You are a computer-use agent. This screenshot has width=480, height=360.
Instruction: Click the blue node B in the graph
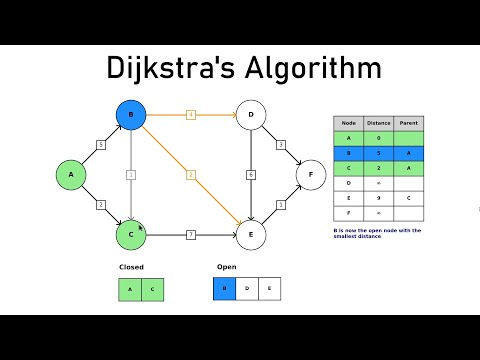[x=130, y=116]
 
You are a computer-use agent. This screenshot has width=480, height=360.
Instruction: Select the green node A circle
[x=71, y=175]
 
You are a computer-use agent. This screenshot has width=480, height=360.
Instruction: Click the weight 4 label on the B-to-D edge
[x=190, y=116]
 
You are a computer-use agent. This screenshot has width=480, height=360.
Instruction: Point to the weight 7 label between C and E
[x=190, y=234]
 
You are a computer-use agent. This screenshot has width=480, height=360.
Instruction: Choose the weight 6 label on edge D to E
[x=250, y=175]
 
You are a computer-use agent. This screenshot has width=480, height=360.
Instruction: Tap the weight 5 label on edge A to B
[x=100, y=145]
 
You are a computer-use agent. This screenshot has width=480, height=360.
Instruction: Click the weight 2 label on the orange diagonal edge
[x=190, y=175]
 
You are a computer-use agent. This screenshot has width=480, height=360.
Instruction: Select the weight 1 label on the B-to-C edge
[x=130, y=175]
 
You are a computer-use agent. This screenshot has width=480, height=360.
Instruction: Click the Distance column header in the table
[x=378, y=124]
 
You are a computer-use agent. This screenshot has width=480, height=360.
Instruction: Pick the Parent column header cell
[x=408, y=124]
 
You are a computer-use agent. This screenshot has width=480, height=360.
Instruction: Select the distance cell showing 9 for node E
[x=378, y=199]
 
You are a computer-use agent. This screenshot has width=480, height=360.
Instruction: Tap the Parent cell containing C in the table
[x=408, y=199]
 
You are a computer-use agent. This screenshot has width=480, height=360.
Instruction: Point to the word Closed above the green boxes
[x=130, y=268]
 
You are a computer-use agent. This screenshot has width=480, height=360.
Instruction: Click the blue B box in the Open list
[x=226, y=290]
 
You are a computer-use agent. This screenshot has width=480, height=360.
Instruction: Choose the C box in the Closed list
[x=152, y=290]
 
